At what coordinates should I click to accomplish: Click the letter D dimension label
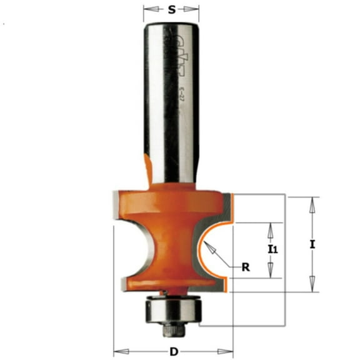pyautogui.click(x=173, y=351)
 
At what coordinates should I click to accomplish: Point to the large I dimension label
pyautogui.click(x=312, y=244)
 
